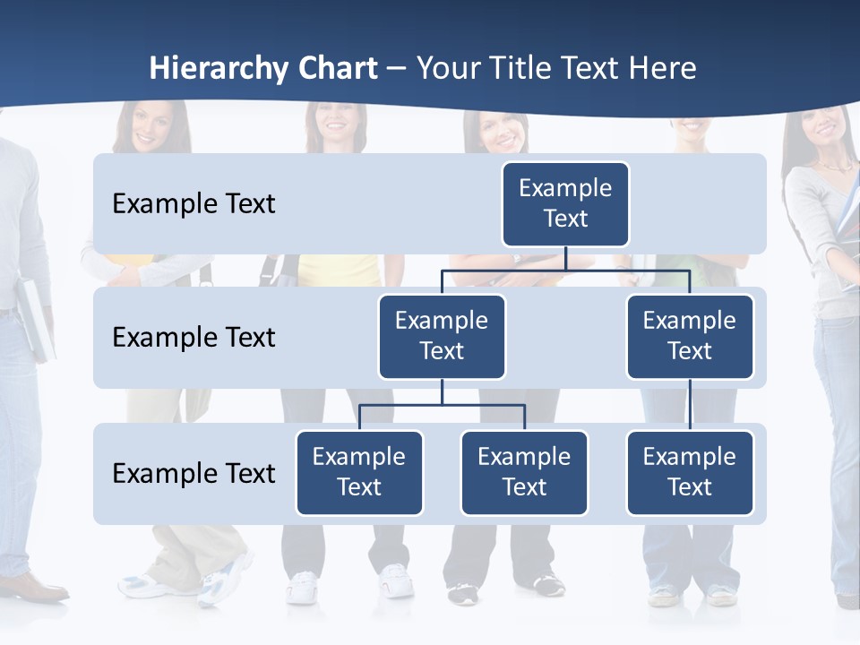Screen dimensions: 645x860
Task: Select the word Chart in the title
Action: (x=338, y=69)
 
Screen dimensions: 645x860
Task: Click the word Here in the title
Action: (x=661, y=69)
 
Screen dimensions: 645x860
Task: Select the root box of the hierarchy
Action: (x=565, y=203)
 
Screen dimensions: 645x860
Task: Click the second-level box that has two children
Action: (x=442, y=336)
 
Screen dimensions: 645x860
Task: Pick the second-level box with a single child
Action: (x=690, y=336)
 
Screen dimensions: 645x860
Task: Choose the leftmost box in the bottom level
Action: (x=359, y=472)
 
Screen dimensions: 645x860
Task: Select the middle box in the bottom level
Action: (x=524, y=472)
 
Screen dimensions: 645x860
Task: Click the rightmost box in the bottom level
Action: (x=690, y=472)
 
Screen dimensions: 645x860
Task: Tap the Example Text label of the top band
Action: (x=193, y=204)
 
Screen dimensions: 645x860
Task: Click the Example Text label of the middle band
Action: (x=193, y=338)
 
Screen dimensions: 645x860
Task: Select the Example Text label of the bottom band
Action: (x=193, y=473)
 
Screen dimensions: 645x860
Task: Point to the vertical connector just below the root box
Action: (x=565, y=258)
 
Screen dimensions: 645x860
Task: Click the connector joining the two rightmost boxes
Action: (x=690, y=405)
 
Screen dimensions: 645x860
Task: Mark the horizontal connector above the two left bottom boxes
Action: (x=442, y=405)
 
